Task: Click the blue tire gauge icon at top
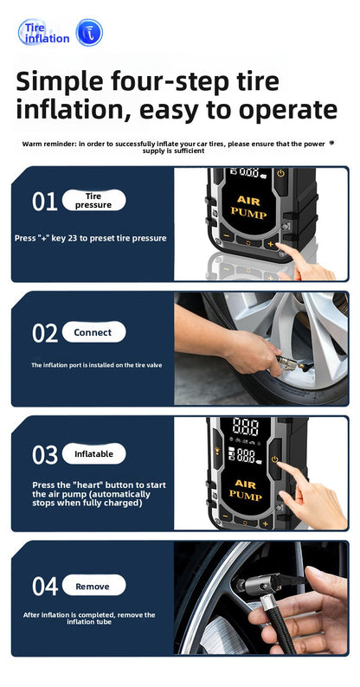89,33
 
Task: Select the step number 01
44,201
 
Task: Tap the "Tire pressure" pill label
93,200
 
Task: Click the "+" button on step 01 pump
270,244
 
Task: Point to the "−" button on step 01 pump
227,235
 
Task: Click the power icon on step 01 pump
280,174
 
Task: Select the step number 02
45,333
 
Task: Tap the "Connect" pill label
93,332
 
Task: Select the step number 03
45,455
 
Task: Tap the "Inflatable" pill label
93,454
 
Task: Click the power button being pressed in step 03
274,459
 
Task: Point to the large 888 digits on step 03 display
245,427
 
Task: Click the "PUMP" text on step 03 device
245,496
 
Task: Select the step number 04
45,587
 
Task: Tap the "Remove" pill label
93,586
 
